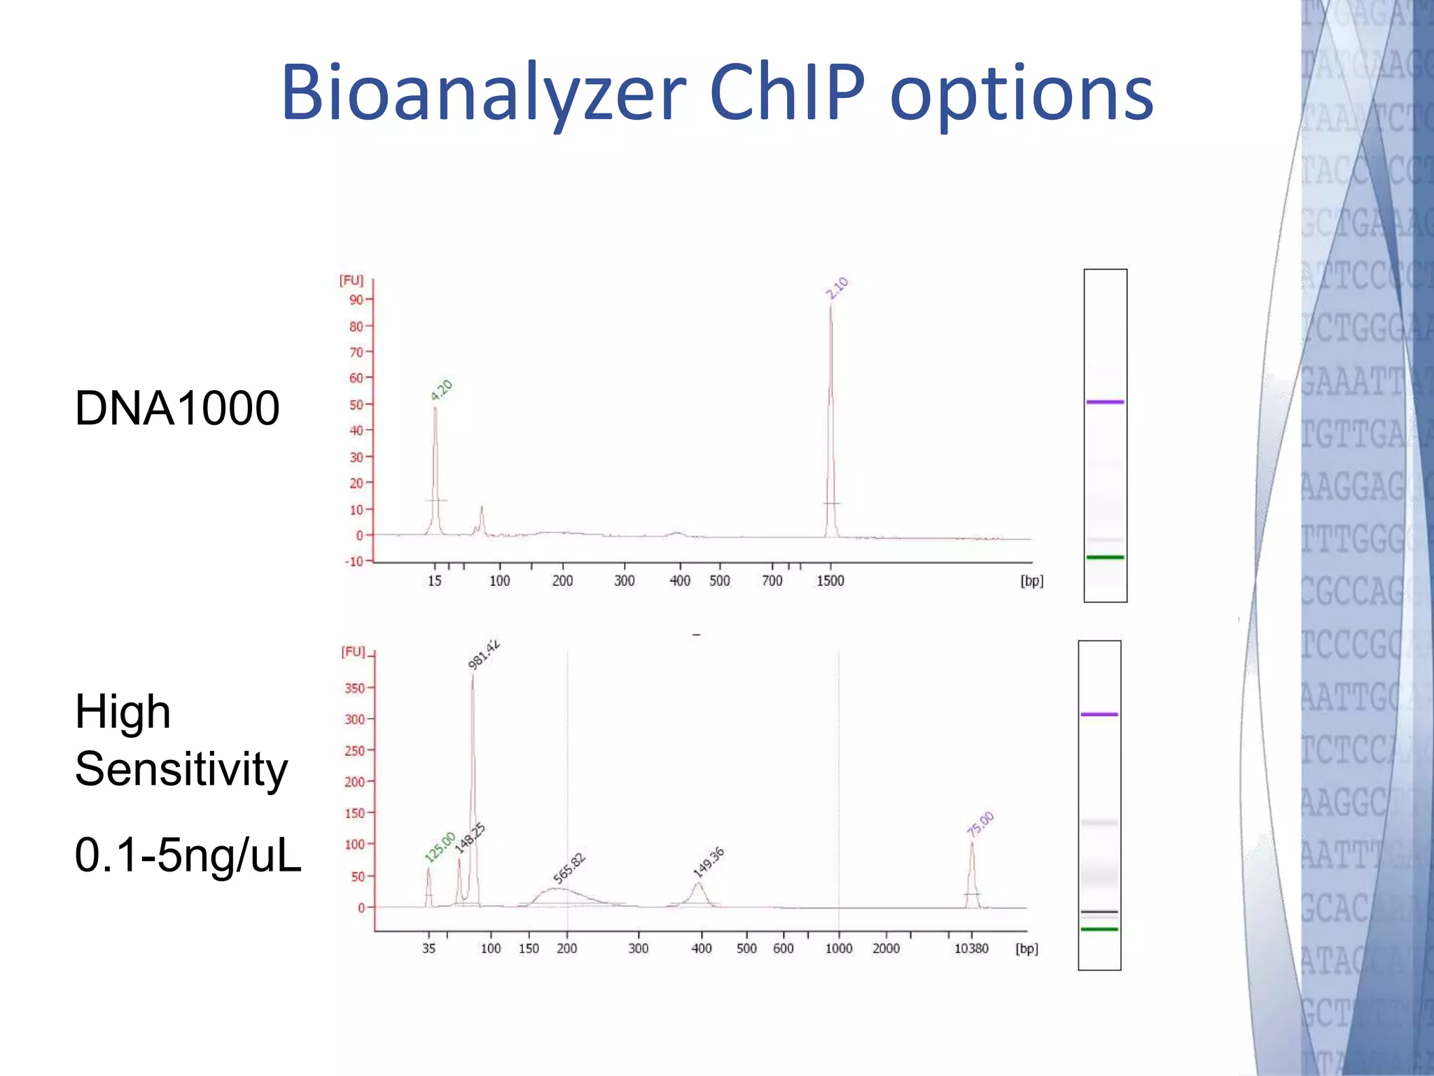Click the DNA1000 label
(177, 408)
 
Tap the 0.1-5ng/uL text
(188, 855)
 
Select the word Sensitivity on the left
(181, 769)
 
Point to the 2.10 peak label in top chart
(837, 288)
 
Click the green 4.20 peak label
(442, 390)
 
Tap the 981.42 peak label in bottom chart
(484, 654)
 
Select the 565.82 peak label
(569, 869)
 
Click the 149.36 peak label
(709, 862)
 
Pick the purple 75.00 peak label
(980, 824)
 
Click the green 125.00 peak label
(440, 847)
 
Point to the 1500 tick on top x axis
(830, 581)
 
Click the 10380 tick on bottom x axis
(971, 949)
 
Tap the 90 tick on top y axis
(356, 300)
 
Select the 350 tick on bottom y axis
(354, 688)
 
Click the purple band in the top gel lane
(1105, 402)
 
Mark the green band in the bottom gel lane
(1099, 929)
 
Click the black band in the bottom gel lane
(1099, 911)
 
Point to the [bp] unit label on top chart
(1031, 581)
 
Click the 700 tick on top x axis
(772, 581)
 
